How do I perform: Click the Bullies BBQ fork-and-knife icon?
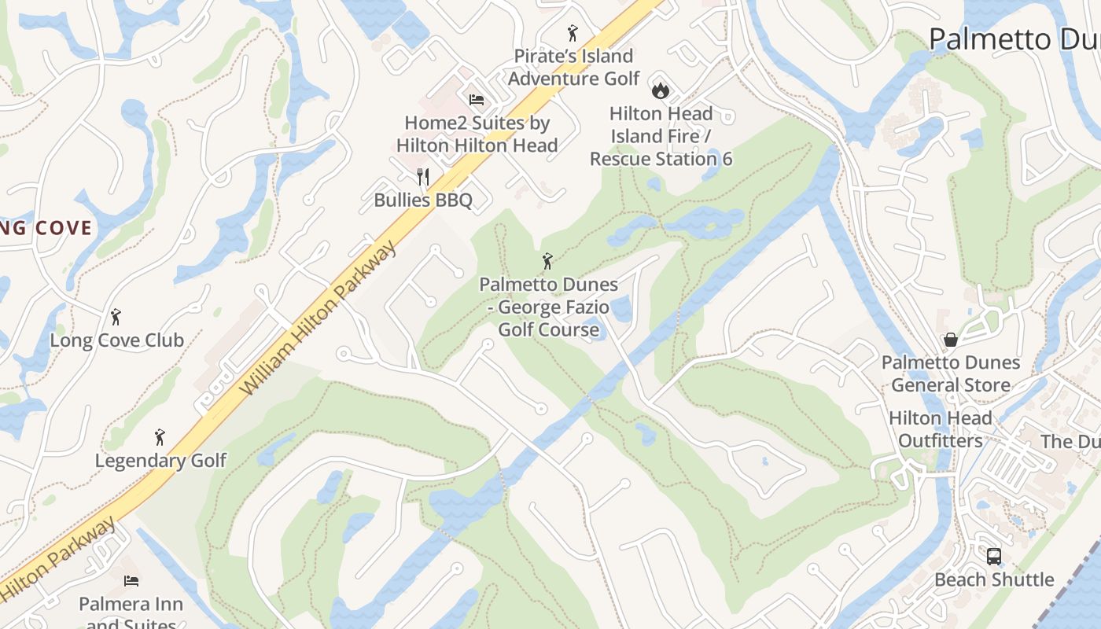click(423, 176)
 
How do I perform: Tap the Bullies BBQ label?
click(423, 200)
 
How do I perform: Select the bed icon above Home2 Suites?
click(477, 100)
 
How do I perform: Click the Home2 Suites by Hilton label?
click(477, 134)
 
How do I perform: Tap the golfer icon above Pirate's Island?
click(573, 33)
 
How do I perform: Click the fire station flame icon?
click(661, 89)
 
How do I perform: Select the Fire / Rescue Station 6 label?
click(661, 136)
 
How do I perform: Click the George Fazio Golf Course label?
click(549, 307)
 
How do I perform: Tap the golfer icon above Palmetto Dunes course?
click(548, 260)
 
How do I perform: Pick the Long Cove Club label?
click(116, 340)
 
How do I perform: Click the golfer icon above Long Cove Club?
click(116, 317)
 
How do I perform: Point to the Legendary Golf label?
click(160, 461)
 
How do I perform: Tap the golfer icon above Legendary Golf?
click(160, 437)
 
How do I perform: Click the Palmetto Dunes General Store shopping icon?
click(951, 340)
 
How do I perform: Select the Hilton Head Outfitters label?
click(941, 429)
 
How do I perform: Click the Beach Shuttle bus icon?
click(994, 557)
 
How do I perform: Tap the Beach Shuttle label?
click(994, 580)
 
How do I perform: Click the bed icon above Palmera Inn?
click(131, 581)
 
